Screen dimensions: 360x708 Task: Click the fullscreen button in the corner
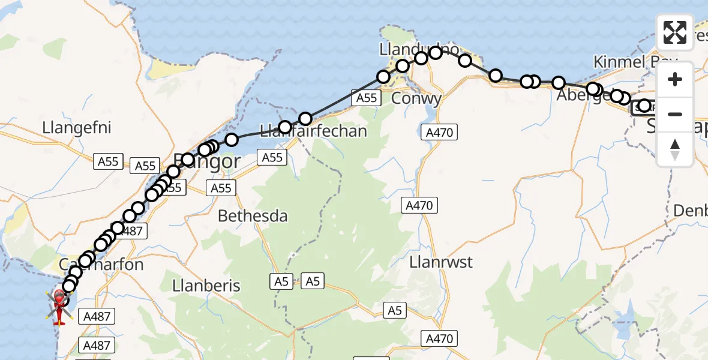tap(675, 32)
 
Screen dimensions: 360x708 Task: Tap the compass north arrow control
tap(675, 149)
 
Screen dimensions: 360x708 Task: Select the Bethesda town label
tap(253, 216)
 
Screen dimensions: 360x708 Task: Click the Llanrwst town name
tap(440, 262)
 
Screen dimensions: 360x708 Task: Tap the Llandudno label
tap(410, 49)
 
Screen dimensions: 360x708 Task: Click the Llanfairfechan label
tap(313, 131)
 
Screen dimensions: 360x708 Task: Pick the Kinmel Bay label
tap(635, 62)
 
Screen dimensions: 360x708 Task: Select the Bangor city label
tap(206, 161)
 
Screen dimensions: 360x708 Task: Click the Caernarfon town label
tap(101, 265)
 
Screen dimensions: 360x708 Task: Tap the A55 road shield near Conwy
tap(367, 98)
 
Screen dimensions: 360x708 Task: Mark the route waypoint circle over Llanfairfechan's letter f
tap(285, 127)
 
